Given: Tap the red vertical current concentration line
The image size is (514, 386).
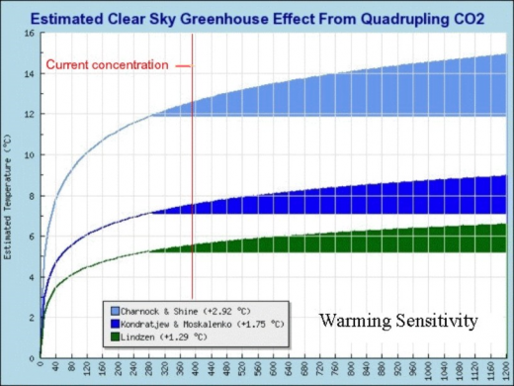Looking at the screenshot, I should (x=192, y=198).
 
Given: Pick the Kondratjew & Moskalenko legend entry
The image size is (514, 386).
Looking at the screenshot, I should (x=191, y=324).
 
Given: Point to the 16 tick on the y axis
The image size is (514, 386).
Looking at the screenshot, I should (x=30, y=33).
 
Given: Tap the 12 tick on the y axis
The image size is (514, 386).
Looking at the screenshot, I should (x=30, y=114).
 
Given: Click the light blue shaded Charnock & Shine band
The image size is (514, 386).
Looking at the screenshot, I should (x=395, y=95).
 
